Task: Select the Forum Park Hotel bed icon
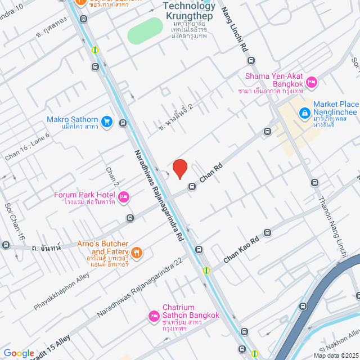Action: click(124, 197)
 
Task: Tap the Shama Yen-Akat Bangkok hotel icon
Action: click(313, 83)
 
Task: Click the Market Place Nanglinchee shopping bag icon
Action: click(304, 113)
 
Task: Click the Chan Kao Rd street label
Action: click(241, 249)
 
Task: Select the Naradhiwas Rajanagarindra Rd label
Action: click(159, 196)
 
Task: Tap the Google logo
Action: click(19, 353)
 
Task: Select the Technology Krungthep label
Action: click(189, 10)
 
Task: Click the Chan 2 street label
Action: click(111, 177)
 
